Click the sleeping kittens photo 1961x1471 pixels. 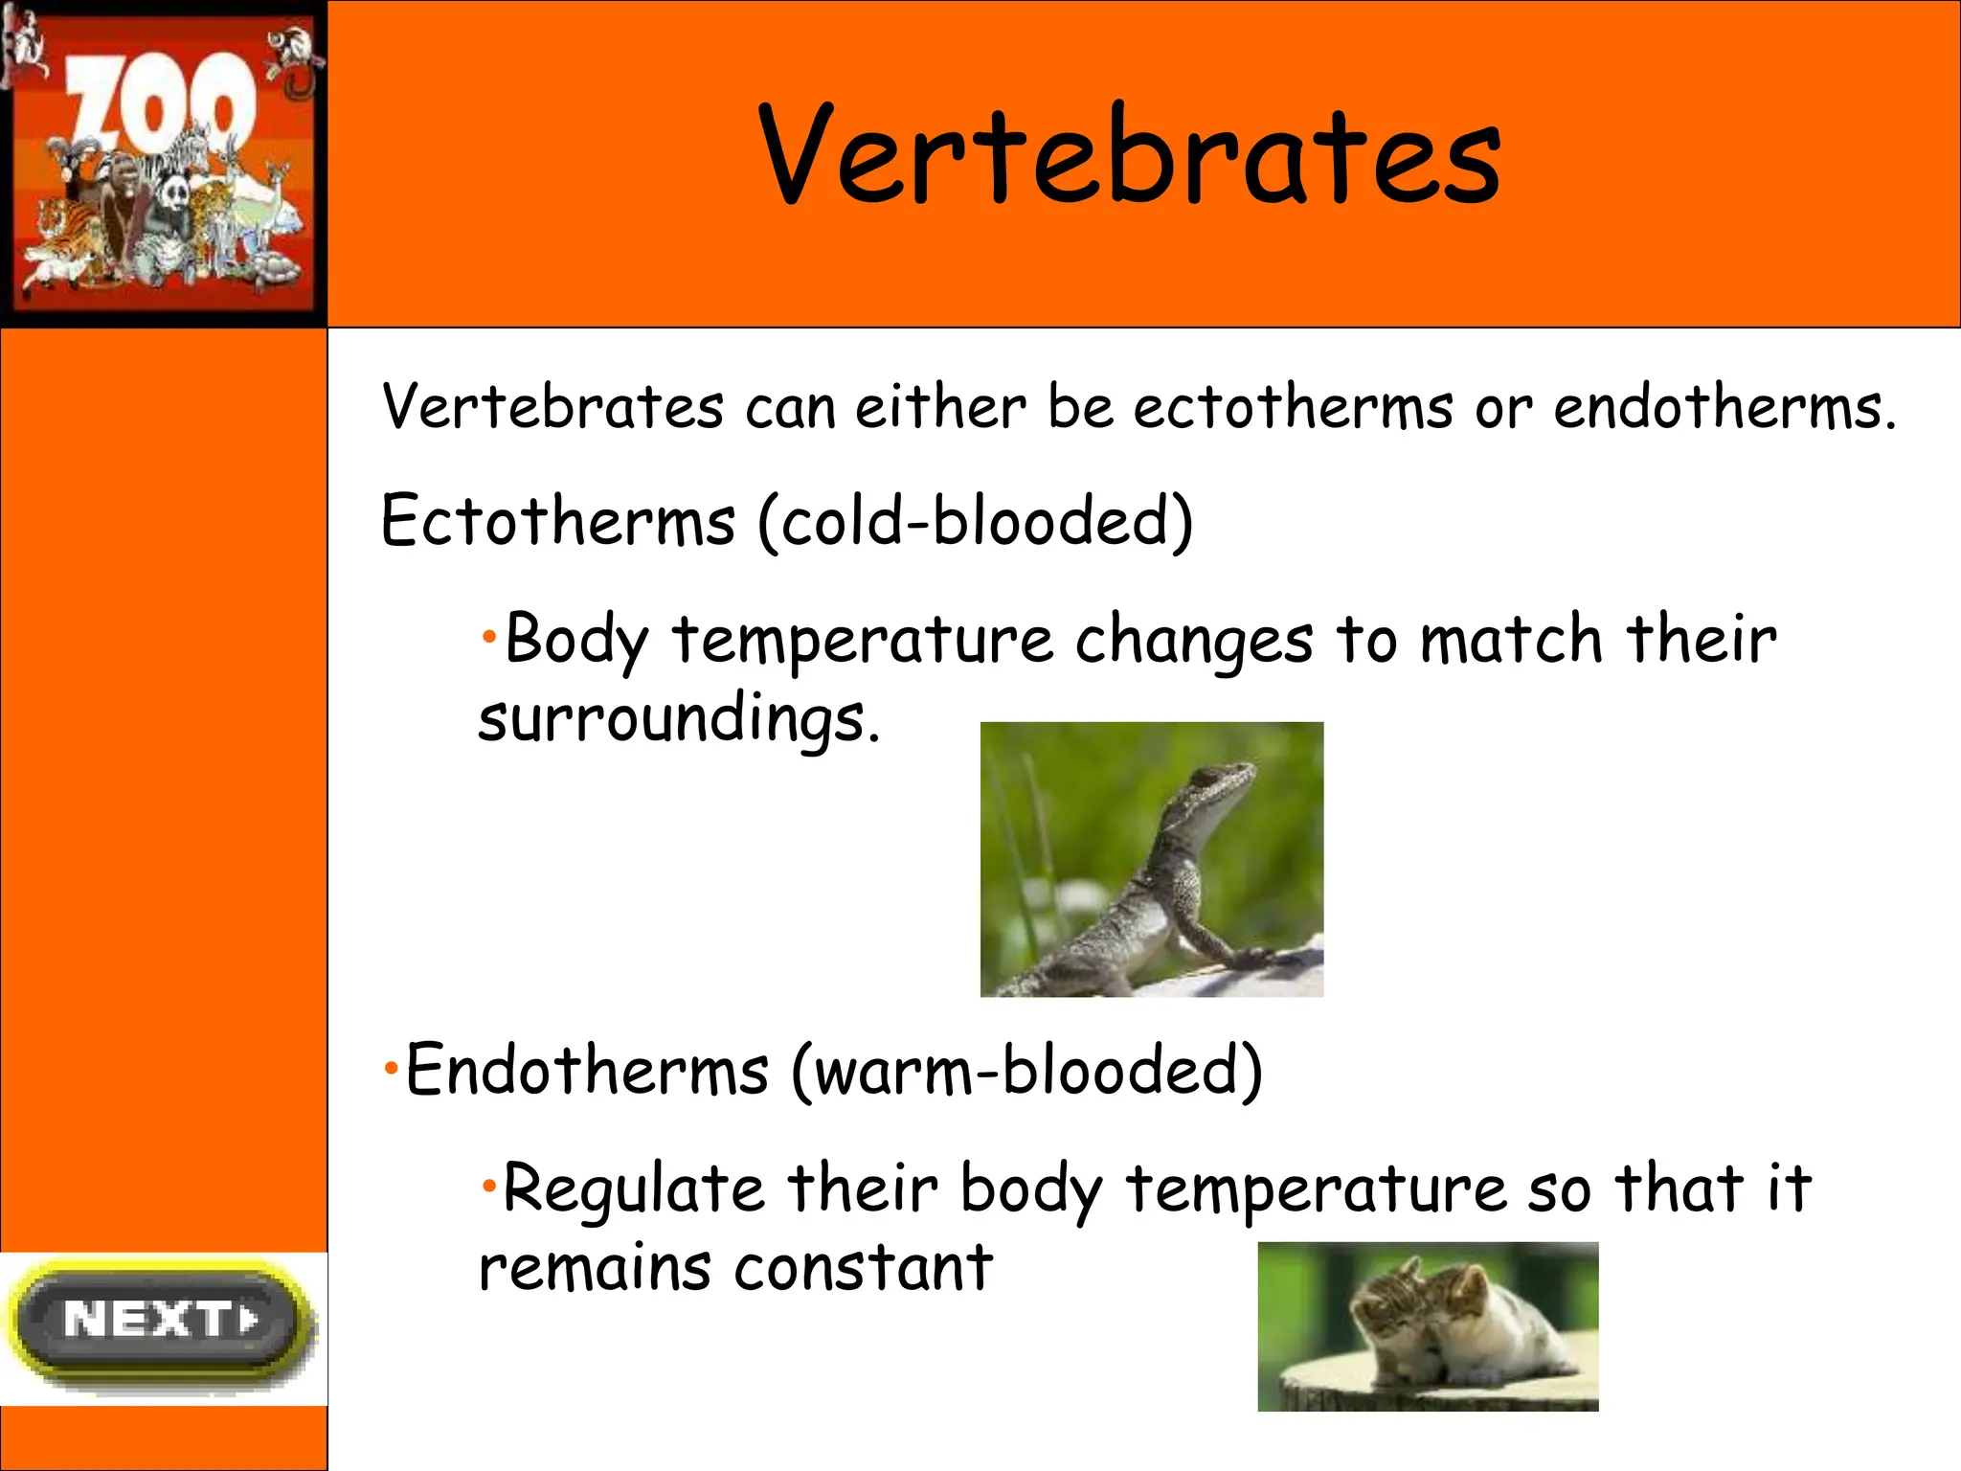click(x=1427, y=1326)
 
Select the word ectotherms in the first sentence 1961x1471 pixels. click(x=1294, y=408)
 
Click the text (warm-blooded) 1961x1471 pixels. click(x=1026, y=1071)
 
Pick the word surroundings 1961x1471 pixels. click(x=678, y=719)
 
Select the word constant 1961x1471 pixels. click(x=864, y=1268)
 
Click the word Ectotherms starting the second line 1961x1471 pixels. click(x=558, y=522)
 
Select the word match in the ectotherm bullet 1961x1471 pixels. click(x=1511, y=640)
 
